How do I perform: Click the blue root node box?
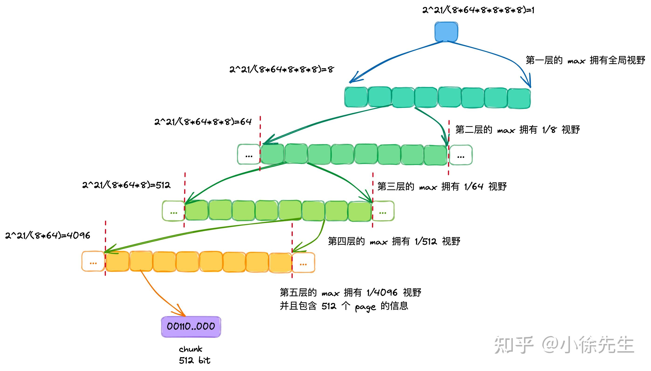(446, 32)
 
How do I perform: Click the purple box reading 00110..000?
(191, 326)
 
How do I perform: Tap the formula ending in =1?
(478, 10)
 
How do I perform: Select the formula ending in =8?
(281, 69)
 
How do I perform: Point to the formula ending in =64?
(203, 122)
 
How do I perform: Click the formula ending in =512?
(126, 185)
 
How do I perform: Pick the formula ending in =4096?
(48, 235)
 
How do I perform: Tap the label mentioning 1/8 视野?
(517, 130)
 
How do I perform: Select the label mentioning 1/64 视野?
(442, 187)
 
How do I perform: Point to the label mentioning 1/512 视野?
(394, 241)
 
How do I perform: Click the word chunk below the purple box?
(190, 349)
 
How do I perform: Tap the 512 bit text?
(194, 360)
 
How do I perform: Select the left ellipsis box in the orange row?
(93, 261)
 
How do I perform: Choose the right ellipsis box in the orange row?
(303, 262)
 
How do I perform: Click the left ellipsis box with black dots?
(249, 154)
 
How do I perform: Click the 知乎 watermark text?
(514, 345)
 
